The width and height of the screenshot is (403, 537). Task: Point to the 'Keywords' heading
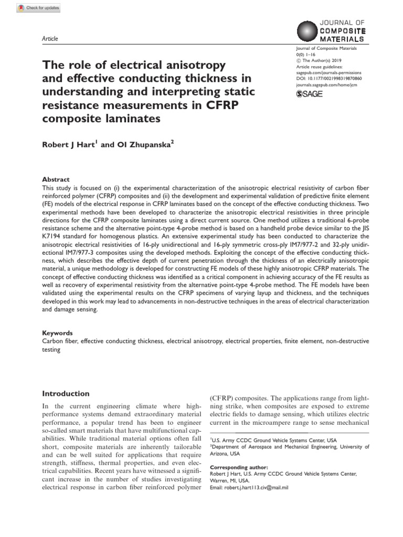[58, 333]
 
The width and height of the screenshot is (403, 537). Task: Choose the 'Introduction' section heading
[66, 393]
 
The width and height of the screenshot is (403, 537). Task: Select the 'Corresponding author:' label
[239, 467]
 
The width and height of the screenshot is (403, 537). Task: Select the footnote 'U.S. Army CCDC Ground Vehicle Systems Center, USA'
[273, 439]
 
